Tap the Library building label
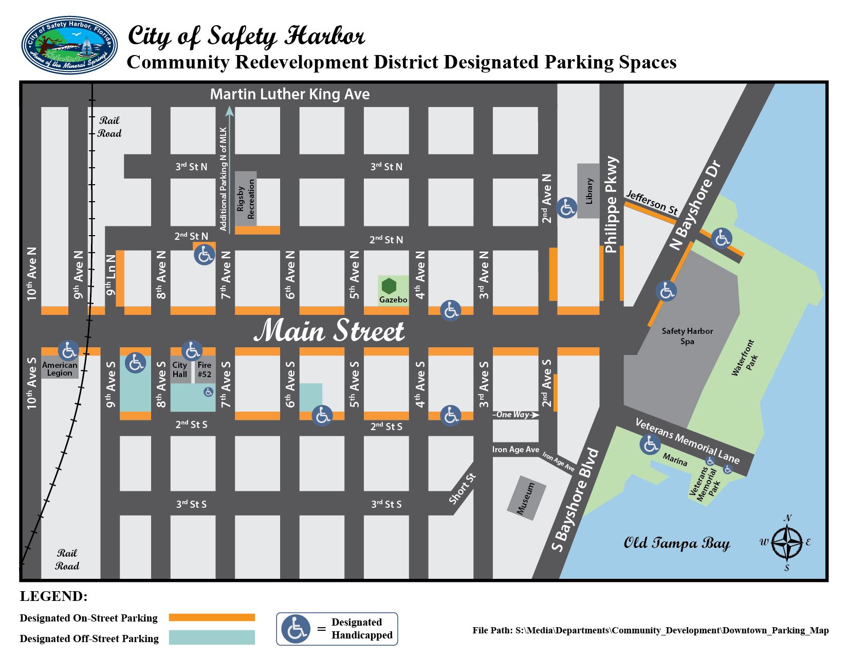pyautogui.click(x=588, y=191)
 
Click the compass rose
pyautogui.click(x=787, y=543)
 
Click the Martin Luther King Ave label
pyautogui.click(x=290, y=95)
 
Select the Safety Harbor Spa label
pyautogui.click(x=687, y=336)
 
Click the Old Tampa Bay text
pyautogui.click(x=676, y=544)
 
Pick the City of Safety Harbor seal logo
pyautogui.click(x=69, y=45)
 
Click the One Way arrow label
pyautogui.click(x=515, y=415)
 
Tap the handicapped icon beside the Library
pyautogui.click(x=567, y=208)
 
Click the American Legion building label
pyautogui.click(x=60, y=369)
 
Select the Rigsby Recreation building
pyautogui.click(x=246, y=199)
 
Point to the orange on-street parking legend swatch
pyautogui.click(x=212, y=617)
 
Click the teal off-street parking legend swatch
pyautogui.click(x=212, y=637)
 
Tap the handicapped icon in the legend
pyautogui.click(x=296, y=629)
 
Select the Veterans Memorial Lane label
pyautogui.click(x=687, y=441)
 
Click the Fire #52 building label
pyautogui.click(x=205, y=370)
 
